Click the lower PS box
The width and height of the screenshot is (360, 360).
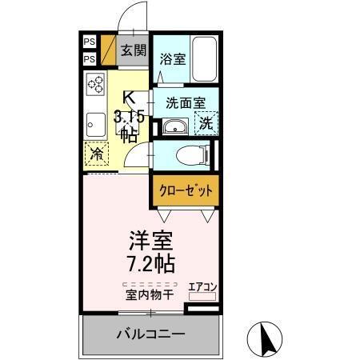(90, 59)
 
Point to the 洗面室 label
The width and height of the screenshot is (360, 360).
(185, 102)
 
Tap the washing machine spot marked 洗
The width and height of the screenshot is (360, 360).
(206, 125)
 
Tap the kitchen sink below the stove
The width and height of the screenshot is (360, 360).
(96, 124)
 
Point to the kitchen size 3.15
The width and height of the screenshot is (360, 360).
(128, 117)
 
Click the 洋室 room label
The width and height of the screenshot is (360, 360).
(150, 240)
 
